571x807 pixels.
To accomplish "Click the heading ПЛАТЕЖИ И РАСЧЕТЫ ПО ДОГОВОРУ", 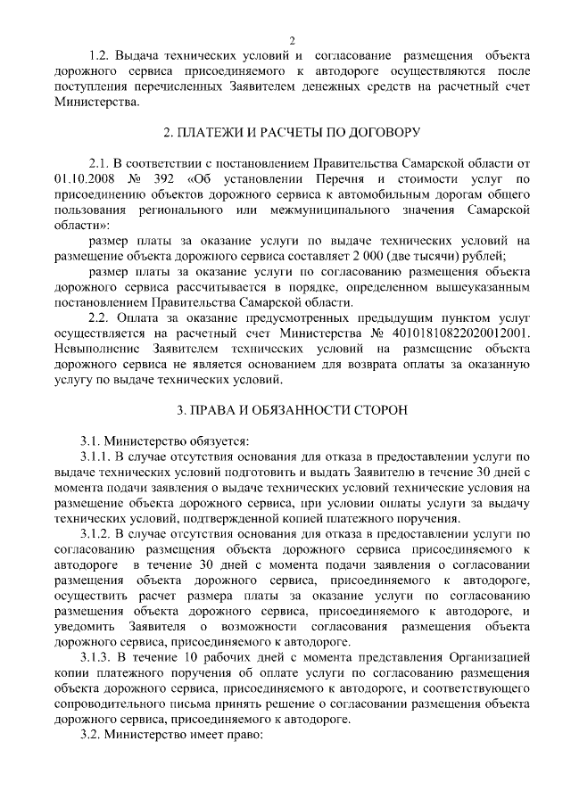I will coord(291,132).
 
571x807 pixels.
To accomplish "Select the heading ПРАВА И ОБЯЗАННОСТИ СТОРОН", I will coord(291,411).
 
